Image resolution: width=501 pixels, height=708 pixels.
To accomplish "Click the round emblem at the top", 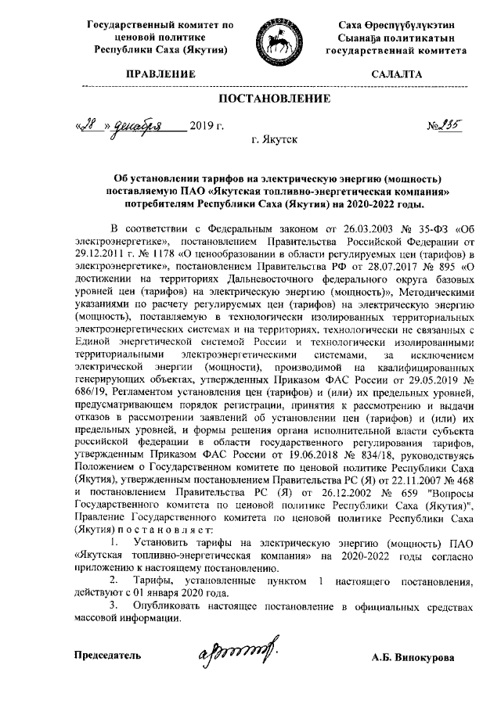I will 280,38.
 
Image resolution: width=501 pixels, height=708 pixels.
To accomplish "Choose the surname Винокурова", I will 435,656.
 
